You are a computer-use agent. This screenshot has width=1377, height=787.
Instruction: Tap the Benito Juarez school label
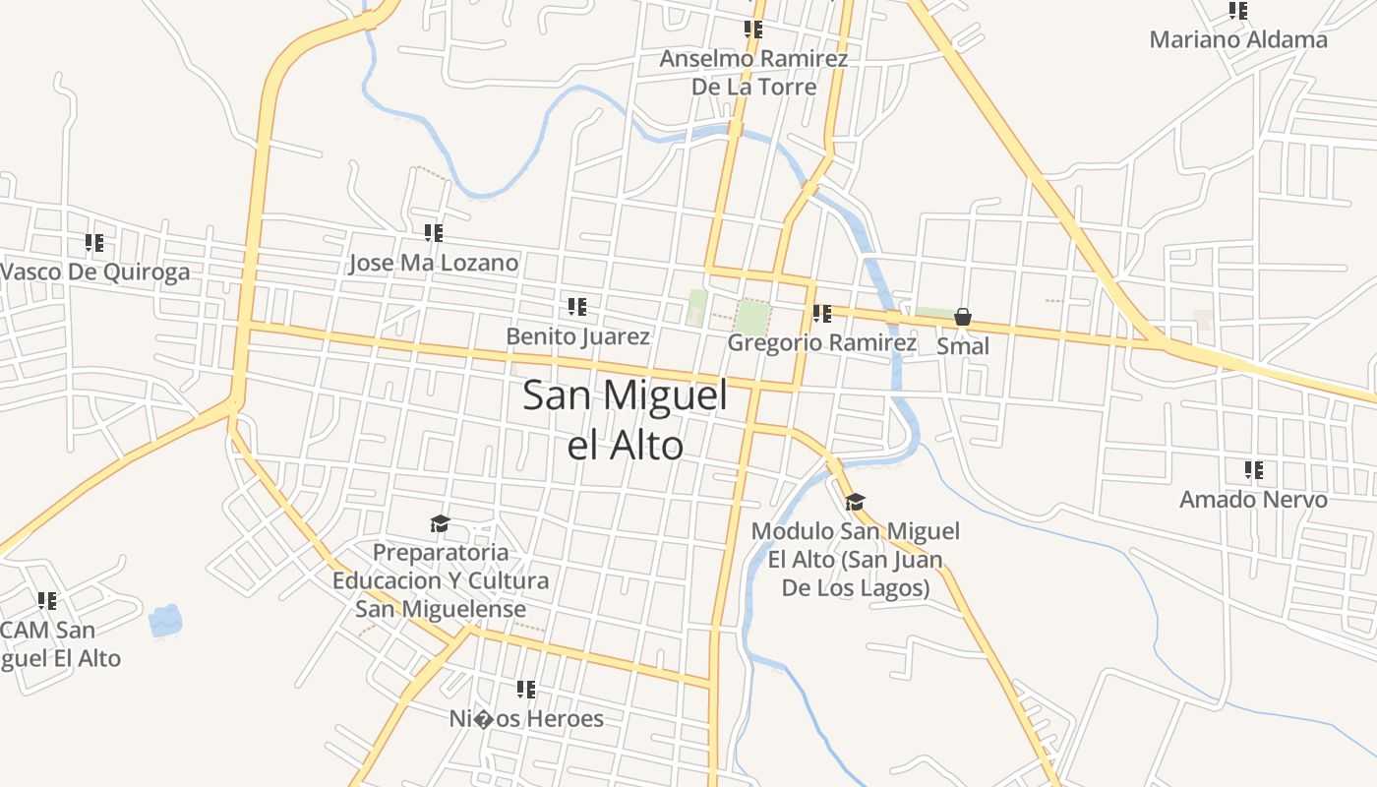(x=577, y=336)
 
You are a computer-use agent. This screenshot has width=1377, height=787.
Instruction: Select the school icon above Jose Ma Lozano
(x=434, y=233)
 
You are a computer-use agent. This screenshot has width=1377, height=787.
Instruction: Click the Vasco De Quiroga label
(x=95, y=272)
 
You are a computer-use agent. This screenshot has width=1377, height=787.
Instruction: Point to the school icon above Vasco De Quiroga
(x=94, y=242)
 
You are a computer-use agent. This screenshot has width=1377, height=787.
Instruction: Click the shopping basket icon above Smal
(x=963, y=317)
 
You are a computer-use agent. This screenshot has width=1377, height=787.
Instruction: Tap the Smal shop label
(x=963, y=346)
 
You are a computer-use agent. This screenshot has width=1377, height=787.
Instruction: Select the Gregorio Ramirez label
(x=821, y=342)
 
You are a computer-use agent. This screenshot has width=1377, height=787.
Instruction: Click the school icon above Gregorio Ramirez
(x=821, y=314)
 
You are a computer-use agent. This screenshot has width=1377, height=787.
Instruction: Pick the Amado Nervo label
(x=1253, y=499)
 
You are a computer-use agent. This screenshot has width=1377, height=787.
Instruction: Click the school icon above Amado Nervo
(x=1253, y=470)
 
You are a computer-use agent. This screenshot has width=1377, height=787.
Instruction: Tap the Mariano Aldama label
(x=1237, y=40)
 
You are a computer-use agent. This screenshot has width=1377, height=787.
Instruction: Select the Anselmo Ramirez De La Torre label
(x=753, y=72)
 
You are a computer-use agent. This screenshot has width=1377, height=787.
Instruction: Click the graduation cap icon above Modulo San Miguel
(x=855, y=503)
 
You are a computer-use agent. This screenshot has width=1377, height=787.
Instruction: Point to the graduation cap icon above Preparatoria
(x=440, y=523)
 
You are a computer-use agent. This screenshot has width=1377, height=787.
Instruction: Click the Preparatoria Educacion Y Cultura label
(x=441, y=580)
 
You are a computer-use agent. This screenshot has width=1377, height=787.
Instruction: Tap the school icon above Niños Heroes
(x=526, y=690)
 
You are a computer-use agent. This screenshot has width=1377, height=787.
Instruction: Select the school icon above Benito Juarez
(x=577, y=307)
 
